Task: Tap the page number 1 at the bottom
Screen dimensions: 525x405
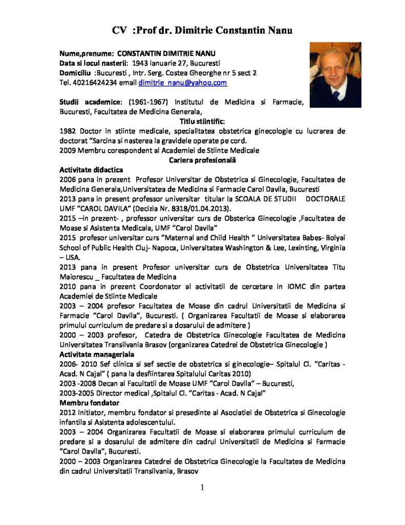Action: [x=203, y=488]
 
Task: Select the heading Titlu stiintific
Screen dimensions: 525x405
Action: [x=202, y=121]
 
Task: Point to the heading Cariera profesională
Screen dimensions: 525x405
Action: [x=202, y=160]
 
